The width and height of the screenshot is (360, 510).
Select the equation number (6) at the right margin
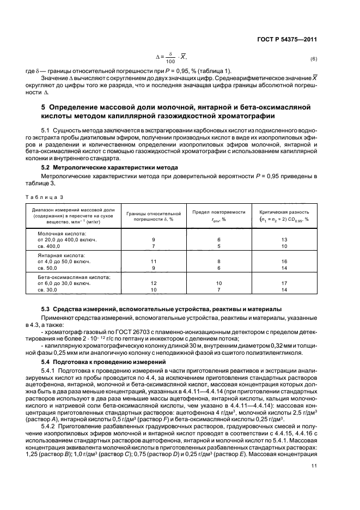tap(313, 58)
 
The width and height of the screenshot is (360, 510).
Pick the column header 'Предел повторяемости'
tap(219, 212)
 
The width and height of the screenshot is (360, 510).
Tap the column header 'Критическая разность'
tap(284, 212)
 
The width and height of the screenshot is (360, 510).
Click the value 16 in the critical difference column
tap(284, 262)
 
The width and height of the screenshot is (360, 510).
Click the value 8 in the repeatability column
tap(219, 262)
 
